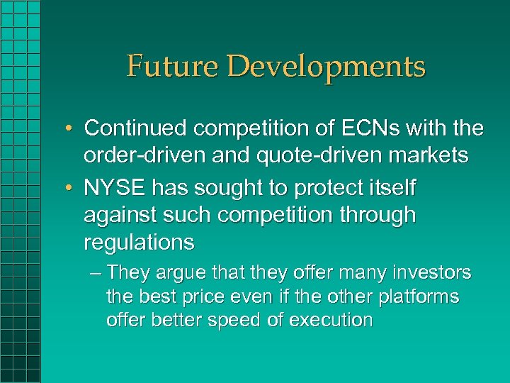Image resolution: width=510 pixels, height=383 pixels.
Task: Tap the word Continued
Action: click(x=136, y=128)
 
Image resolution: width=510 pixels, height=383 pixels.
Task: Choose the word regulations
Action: click(x=139, y=243)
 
